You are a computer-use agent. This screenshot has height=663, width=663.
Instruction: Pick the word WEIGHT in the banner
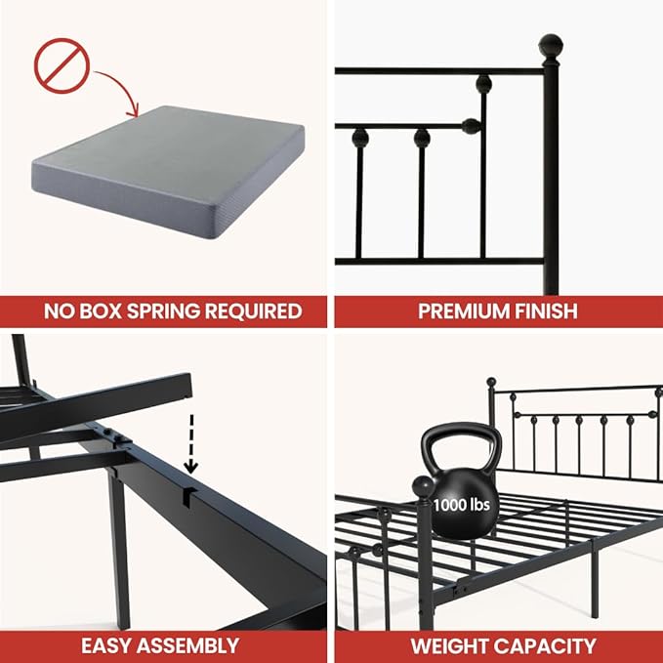coord(455,645)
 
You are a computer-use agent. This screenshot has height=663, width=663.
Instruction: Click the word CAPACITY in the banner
coord(548,645)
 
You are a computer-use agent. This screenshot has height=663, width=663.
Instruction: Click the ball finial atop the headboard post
coord(551,45)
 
